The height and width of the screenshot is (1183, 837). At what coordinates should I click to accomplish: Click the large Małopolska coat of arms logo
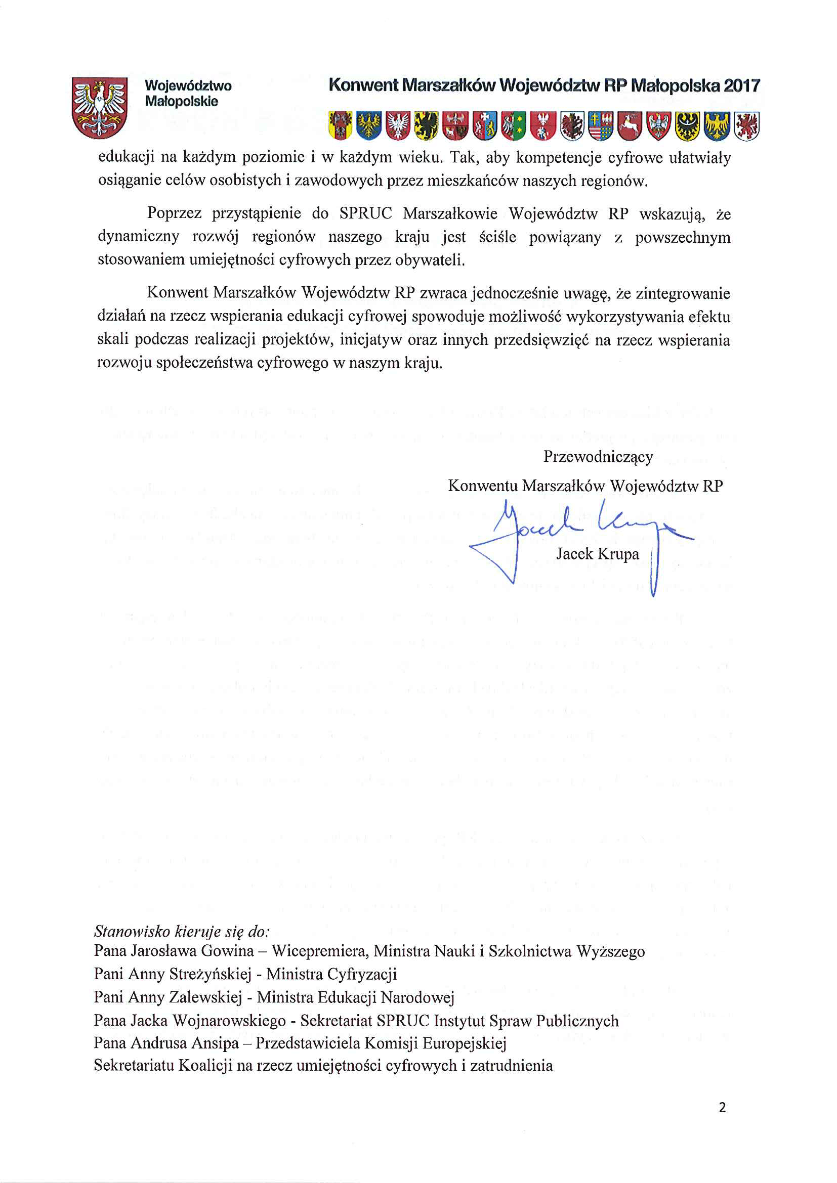point(100,107)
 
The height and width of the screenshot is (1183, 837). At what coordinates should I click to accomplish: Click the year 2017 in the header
point(742,85)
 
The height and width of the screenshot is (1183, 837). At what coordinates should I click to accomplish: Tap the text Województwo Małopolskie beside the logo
point(188,93)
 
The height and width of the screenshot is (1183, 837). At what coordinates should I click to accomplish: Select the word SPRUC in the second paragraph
point(365,213)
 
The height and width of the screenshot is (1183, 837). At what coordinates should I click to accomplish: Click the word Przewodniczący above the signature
point(598,457)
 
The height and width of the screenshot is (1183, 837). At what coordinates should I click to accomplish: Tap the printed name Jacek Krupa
point(597,554)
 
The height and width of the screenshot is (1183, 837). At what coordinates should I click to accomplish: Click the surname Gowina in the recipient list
point(227,951)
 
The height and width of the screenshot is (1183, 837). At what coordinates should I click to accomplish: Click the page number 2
point(722,1108)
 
